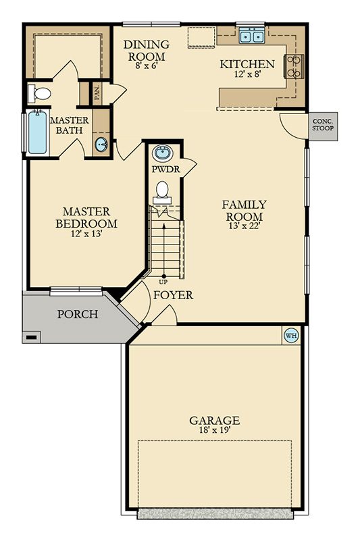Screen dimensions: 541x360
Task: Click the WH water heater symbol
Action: tap(290, 335)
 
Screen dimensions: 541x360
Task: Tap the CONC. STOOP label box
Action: tap(321, 128)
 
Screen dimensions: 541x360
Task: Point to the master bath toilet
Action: tap(41, 94)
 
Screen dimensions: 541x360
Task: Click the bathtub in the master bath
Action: tap(35, 134)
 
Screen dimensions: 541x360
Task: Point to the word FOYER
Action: tap(173, 296)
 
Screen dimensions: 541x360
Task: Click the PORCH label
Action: tap(78, 314)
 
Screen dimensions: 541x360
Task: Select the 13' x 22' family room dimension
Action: tap(244, 216)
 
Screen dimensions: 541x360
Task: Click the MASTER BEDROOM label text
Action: tap(86, 217)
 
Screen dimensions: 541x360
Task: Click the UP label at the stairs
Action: tap(163, 282)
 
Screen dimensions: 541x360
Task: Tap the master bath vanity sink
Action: tap(101, 143)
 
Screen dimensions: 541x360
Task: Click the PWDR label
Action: tap(165, 170)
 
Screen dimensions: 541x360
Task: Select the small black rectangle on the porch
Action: tap(31, 336)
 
